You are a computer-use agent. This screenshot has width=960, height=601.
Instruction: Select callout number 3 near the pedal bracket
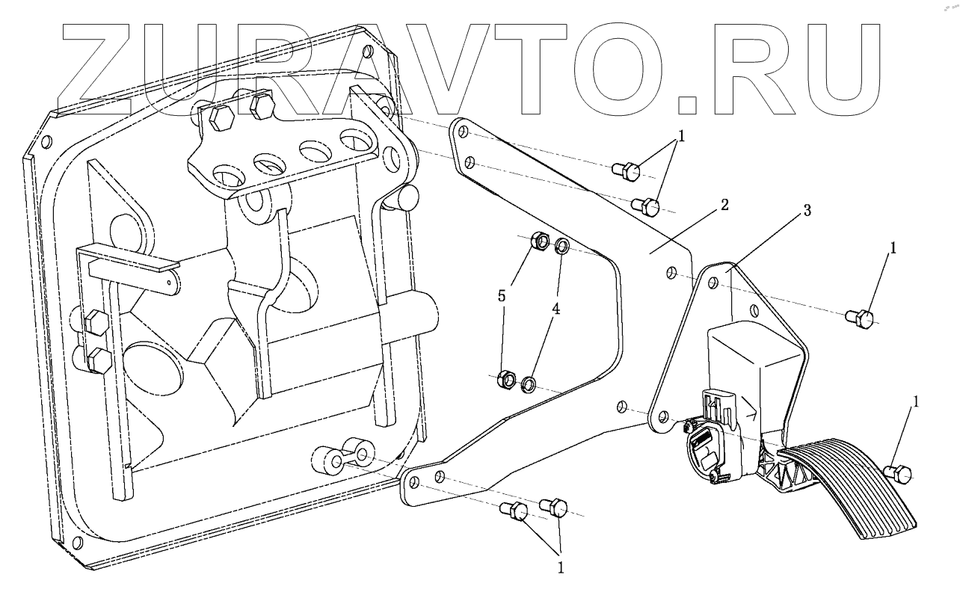point(806,212)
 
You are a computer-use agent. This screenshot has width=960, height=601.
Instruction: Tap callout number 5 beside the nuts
point(502,296)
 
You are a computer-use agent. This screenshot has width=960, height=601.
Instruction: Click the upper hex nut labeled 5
point(538,242)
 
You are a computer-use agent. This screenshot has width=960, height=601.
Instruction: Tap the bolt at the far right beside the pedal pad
point(896,472)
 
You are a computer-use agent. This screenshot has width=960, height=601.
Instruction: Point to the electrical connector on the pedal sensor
point(707,448)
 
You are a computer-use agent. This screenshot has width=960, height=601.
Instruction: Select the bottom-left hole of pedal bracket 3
point(661,416)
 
